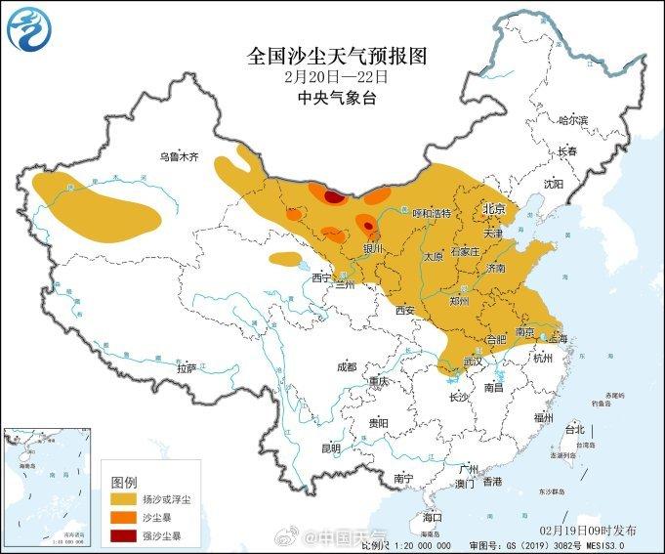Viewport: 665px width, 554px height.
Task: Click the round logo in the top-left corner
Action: (x=27, y=32)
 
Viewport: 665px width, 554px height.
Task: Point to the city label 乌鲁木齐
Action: (x=179, y=156)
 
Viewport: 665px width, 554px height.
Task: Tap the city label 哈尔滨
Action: (x=573, y=120)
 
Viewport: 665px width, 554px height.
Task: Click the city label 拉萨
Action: (x=187, y=368)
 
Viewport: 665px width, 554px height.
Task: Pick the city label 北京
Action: (x=493, y=210)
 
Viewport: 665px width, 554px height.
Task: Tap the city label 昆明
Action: (x=331, y=448)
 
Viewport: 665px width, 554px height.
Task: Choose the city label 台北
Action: (x=574, y=429)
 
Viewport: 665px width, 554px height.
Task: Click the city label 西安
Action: (x=406, y=312)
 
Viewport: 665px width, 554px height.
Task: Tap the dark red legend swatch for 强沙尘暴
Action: (x=123, y=536)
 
